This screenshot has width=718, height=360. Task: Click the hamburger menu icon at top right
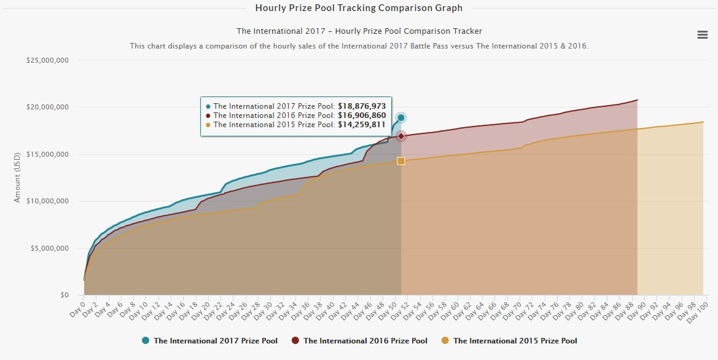tap(703, 35)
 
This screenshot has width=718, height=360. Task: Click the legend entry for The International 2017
tap(209, 340)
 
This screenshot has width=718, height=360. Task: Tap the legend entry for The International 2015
tap(509, 340)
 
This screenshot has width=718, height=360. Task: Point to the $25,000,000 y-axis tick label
tap(46, 60)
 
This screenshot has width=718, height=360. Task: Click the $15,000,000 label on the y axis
tap(46, 154)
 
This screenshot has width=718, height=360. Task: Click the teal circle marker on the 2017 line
tap(401, 117)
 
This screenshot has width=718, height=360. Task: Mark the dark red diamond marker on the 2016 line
tap(401, 136)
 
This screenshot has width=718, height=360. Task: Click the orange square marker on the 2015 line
tap(401, 161)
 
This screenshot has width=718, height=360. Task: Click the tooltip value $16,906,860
tap(362, 115)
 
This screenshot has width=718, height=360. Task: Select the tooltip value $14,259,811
tap(362, 125)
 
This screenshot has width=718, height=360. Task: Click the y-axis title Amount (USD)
tap(17, 178)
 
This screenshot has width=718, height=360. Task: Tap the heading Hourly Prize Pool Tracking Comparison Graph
tap(359, 8)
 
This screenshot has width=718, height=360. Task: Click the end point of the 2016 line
tap(637, 100)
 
